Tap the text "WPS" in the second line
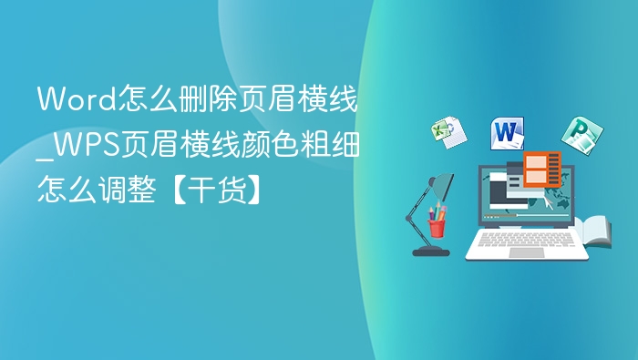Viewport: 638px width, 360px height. pyautogui.click(x=88, y=144)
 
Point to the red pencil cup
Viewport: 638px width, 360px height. pyautogui.click(x=437, y=226)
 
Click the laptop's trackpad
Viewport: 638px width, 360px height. pyautogui.click(x=526, y=252)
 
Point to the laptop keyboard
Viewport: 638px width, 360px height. pyautogui.click(x=526, y=239)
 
